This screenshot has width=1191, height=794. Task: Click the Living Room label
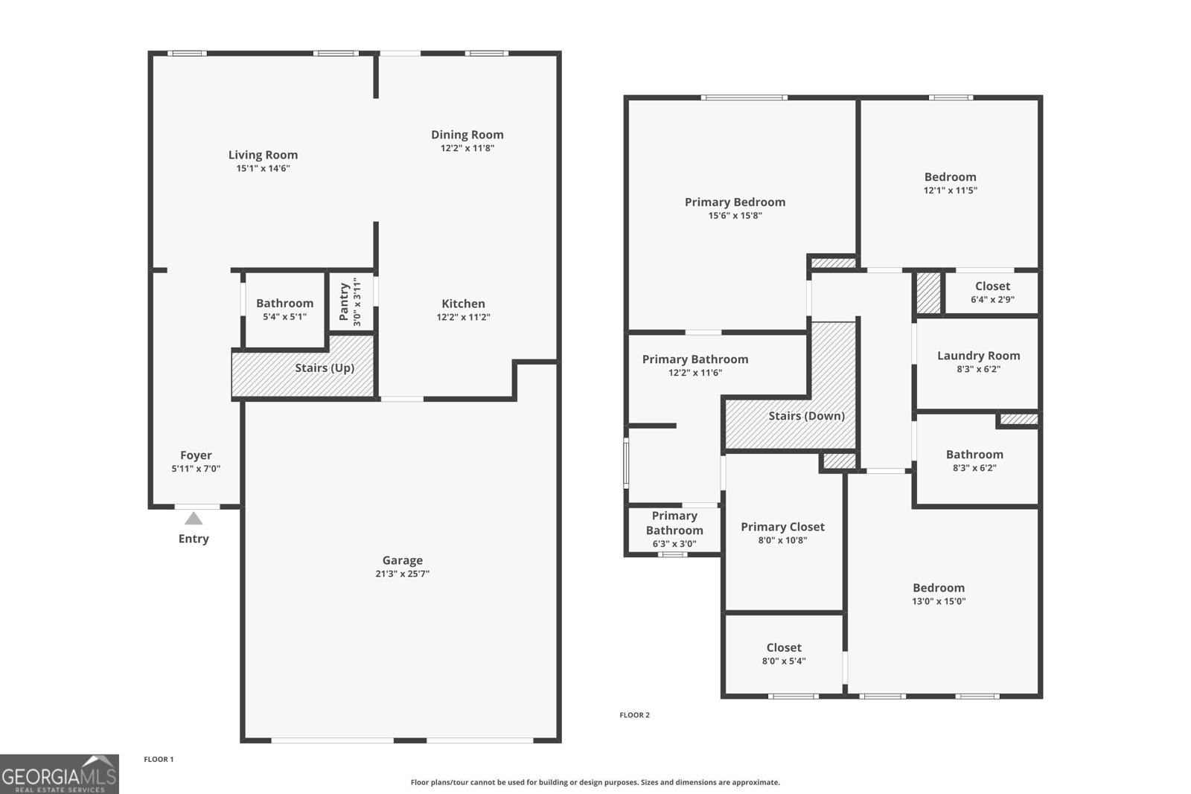(x=263, y=155)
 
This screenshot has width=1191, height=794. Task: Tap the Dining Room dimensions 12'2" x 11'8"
(x=467, y=148)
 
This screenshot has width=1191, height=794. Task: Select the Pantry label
(x=344, y=301)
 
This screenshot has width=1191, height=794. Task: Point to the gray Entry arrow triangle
(x=194, y=519)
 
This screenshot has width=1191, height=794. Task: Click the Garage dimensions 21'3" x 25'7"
(x=402, y=574)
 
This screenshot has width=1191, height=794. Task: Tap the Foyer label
(x=196, y=455)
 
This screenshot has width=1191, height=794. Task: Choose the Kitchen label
(x=463, y=304)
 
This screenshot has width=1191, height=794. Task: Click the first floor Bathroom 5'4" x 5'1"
(x=284, y=309)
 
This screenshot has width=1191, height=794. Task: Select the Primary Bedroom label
(x=735, y=202)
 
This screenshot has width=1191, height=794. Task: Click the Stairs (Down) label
(x=806, y=416)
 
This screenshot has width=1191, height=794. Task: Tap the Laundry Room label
(x=978, y=356)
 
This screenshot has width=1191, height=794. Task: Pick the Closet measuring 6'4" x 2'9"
(x=992, y=292)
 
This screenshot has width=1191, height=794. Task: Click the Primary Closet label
(x=782, y=527)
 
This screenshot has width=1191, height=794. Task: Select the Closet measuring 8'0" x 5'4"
(x=784, y=653)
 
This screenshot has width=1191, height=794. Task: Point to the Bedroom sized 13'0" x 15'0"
(x=939, y=594)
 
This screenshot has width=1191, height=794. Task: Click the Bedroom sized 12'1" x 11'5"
(x=950, y=183)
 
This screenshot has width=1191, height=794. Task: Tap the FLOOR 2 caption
(x=634, y=715)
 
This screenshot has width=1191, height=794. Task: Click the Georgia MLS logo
(x=59, y=774)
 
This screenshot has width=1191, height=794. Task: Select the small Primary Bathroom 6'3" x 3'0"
(x=674, y=529)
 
